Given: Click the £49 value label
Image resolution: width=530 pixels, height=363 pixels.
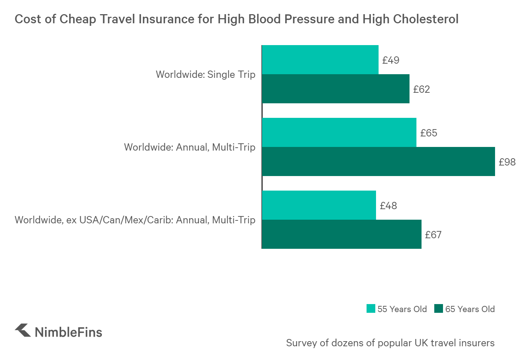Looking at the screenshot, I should tap(391, 60).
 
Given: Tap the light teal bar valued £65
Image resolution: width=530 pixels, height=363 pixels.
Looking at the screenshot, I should tap(339, 132).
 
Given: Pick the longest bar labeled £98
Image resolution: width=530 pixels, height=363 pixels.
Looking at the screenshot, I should tap(378, 161).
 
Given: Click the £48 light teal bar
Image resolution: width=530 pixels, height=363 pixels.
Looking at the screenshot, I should tap(319, 205).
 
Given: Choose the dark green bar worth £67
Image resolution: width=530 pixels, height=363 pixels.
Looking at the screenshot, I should tap(341, 234).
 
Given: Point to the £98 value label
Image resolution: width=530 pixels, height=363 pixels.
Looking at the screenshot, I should tap(507, 162).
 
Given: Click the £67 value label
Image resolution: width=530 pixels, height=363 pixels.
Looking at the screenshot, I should tap(433, 235).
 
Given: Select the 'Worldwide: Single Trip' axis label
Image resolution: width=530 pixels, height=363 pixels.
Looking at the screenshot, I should tap(206, 74).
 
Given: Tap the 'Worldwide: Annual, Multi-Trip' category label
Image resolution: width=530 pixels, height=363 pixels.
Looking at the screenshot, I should tap(190, 147).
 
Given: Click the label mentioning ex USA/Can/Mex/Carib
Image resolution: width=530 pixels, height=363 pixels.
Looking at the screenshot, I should tap(135, 220).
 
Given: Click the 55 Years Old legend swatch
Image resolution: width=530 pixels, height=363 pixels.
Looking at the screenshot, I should tap(371, 309).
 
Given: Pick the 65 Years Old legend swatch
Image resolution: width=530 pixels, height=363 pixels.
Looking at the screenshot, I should tap(439, 309).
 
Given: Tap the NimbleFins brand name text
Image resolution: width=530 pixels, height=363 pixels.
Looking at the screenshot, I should tap(68, 332).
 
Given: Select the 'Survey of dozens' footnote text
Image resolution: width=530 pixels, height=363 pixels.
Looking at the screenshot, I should tap(390, 343).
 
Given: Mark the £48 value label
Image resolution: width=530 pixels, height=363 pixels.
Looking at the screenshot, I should tap(388, 206).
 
